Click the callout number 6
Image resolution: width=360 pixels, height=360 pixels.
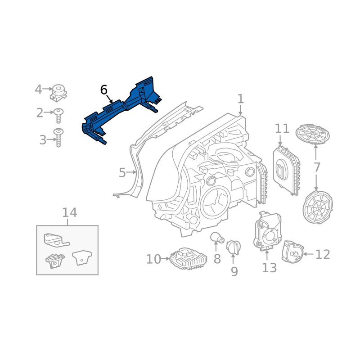104,90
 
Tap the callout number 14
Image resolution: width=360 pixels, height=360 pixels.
70,212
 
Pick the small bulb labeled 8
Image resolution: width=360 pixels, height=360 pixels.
217,238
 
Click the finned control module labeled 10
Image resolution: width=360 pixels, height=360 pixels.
188,258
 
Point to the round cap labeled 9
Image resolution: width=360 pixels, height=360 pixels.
233,247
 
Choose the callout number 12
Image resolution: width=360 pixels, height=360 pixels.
323,254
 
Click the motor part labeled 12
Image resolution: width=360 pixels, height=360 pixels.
292,252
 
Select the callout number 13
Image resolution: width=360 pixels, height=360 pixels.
269,267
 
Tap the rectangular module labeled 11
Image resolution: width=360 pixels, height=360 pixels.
286,171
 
